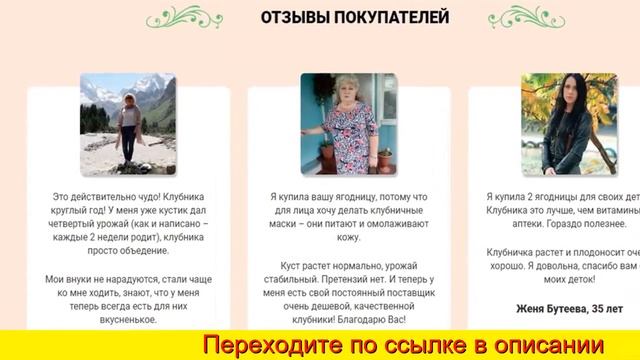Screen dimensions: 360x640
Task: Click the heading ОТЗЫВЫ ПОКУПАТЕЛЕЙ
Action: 340,17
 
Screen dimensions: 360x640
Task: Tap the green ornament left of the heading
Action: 185,17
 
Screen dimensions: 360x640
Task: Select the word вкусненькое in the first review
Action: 128,321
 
